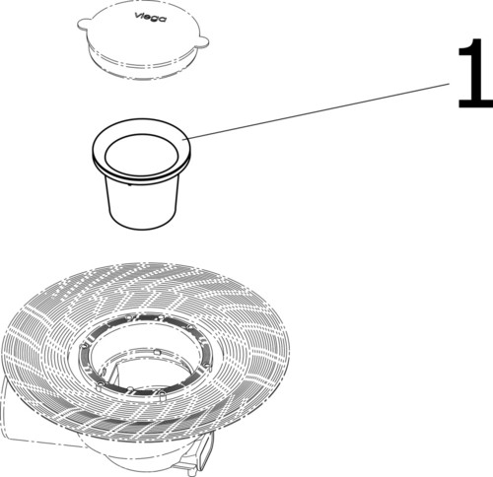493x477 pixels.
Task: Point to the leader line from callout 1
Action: tap(316, 110)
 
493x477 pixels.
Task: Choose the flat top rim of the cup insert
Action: tap(100, 153)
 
